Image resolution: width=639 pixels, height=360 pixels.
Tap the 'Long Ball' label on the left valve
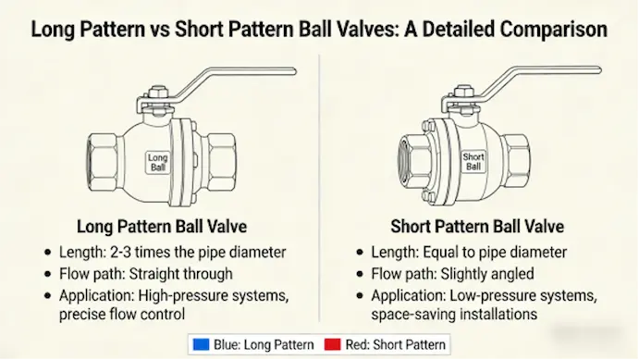tap(158, 163)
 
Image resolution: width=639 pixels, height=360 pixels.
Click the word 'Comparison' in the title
tap(554, 30)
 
